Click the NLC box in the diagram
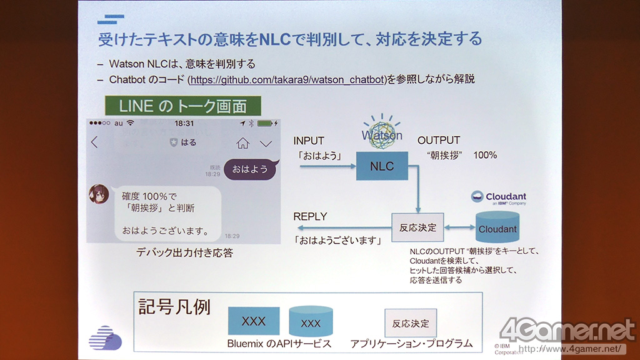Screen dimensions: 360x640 pyautogui.click(x=381, y=166)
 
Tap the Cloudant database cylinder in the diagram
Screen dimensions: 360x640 pyautogui.click(x=497, y=229)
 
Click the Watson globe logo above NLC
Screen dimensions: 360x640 pyautogui.click(x=382, y=132)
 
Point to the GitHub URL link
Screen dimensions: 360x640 pyautogui.click(x=286, y=79)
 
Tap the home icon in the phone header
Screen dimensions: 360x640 pyautogui.click(x=242, y=143)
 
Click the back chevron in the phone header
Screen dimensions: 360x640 pyautogui.click(x=95, y=142)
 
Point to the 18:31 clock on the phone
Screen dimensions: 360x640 pyautogui.click(x=184, y=123)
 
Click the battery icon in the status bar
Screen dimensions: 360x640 pyautogui.click(x=267, y=123)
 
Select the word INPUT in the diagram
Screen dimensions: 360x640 pyautogui.click(x=309, y=141)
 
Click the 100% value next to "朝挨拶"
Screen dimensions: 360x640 pyautogui.click(x=485, y=154)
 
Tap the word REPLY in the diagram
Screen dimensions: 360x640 pyautogui.click(x=311, y=216)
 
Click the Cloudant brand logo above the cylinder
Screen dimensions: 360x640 pyautogui.click(x=498, y=197)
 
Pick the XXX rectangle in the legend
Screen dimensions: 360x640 pyautogui.click(x=254, y=321)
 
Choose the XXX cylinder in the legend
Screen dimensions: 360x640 pyautogui.click(x=311, y=322)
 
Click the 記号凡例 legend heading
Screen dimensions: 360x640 pyautogui.click(x=174, y=308)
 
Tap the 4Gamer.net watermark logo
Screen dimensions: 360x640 pyautogui.click(x=567, y=330)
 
